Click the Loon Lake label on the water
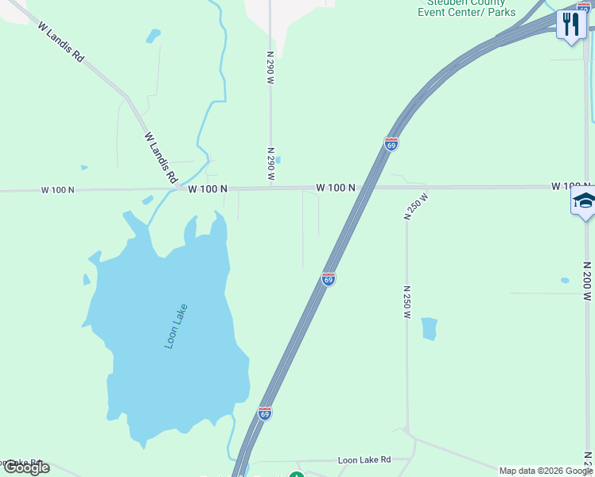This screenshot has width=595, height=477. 176,327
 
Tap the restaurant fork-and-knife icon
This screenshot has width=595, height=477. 571,24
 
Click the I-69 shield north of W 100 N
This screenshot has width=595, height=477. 391,144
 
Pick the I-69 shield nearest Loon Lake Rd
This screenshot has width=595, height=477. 264,413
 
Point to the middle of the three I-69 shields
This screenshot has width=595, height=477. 328,279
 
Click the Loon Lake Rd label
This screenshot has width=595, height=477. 364,460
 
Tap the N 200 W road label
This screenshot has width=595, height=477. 587,281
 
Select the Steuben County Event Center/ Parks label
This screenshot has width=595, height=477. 467,8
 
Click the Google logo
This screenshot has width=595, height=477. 26,467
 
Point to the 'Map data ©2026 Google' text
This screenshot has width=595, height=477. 546,471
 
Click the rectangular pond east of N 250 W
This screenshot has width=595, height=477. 429,328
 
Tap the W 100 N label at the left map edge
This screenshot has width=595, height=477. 57,190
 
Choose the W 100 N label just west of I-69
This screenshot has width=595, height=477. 335,188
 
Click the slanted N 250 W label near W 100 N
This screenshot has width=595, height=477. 416,206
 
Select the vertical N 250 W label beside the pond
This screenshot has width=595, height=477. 406,302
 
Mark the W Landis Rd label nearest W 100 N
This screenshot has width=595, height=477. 161,158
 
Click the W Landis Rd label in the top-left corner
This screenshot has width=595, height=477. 60,42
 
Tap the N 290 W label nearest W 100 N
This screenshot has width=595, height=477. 270,165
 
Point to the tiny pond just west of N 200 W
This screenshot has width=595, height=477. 565,281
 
